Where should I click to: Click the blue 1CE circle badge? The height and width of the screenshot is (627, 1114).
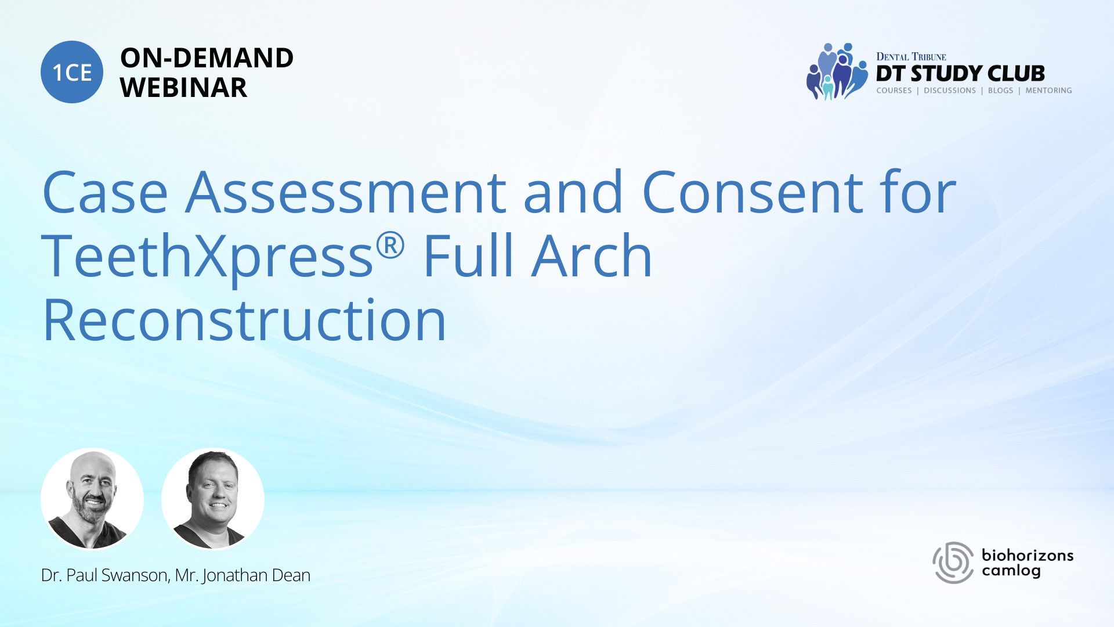pyautogui.click(x=72, y=72)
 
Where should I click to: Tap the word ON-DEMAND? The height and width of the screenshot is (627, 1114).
pyautogui.click(x=207, y=58)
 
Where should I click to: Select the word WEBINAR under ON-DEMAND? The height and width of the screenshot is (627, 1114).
pyautogui.click(x=183, y=88)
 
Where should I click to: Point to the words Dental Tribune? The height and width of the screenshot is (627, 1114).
pyautogui.click(x=911, y=56)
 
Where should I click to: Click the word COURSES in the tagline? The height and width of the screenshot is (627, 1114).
pyautogui.click(x=894, y=91)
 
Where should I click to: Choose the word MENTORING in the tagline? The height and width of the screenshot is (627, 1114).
pyautogui.click(x=1048, y=91)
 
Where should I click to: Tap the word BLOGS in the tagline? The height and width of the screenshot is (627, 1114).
pyautogui.click(x=1000, y=91)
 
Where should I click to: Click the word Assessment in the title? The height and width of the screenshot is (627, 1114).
pyautogui.click(x=346, y=192)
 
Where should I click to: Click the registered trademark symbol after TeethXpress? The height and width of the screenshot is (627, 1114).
pyautogui.click(x=390, y=246)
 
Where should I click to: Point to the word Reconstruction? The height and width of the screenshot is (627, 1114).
pyautogui.click(x=244, y=320)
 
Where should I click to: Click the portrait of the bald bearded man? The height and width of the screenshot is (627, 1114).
pyautogui.click(x=92, y=499)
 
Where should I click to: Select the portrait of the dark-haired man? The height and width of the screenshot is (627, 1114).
pyautogui.click(x=213, y=499)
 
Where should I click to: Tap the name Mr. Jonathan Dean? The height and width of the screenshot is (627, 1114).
pyautogui.click(x=243, y=576)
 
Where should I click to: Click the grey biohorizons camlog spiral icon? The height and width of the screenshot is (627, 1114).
pyautogui.click(x=953, y=563)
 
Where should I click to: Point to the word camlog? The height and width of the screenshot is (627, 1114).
pyautogui.click(x=1011, y=571)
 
